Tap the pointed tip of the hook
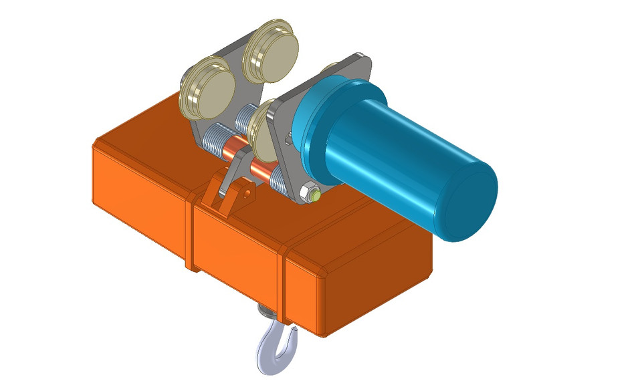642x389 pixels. [x=292, y=328]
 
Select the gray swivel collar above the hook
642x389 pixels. [x=267, y=311]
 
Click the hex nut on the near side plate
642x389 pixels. [x=310, y=193]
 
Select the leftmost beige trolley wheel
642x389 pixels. [x=207, y=88]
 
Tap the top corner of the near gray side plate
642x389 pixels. [x=361, y=56]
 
